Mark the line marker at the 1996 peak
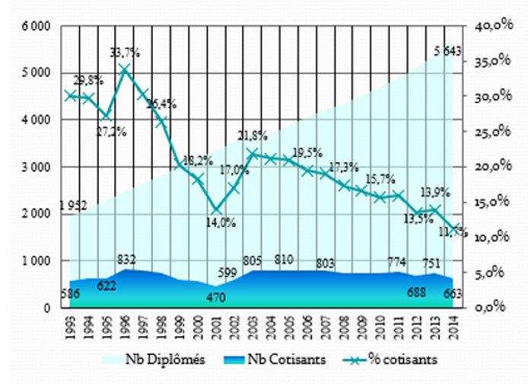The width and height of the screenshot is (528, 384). coord(126,69)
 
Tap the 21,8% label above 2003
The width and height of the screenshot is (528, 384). coord(252,136)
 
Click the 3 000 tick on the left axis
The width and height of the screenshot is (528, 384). coord(36,167)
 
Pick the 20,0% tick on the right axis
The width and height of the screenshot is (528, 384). coord(494,167)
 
